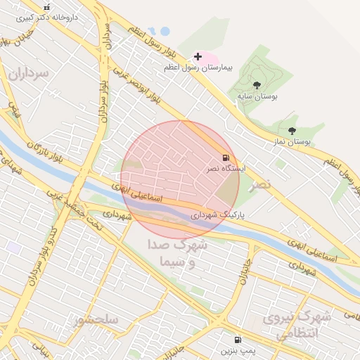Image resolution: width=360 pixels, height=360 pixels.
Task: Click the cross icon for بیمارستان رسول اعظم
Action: [x=198, y=56]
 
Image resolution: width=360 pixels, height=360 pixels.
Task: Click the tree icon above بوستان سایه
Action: [x=256, y=85]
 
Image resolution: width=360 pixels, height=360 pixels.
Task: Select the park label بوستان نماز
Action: [x=292, y=141]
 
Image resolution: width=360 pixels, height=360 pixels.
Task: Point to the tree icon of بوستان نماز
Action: [x=292, y=130]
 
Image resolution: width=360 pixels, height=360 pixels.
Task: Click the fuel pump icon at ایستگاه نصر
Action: [x=225, y=157]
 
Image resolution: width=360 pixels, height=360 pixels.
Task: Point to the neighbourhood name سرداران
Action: [x=30, y=72]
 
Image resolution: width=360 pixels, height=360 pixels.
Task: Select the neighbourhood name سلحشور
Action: [x=96, y=320]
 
